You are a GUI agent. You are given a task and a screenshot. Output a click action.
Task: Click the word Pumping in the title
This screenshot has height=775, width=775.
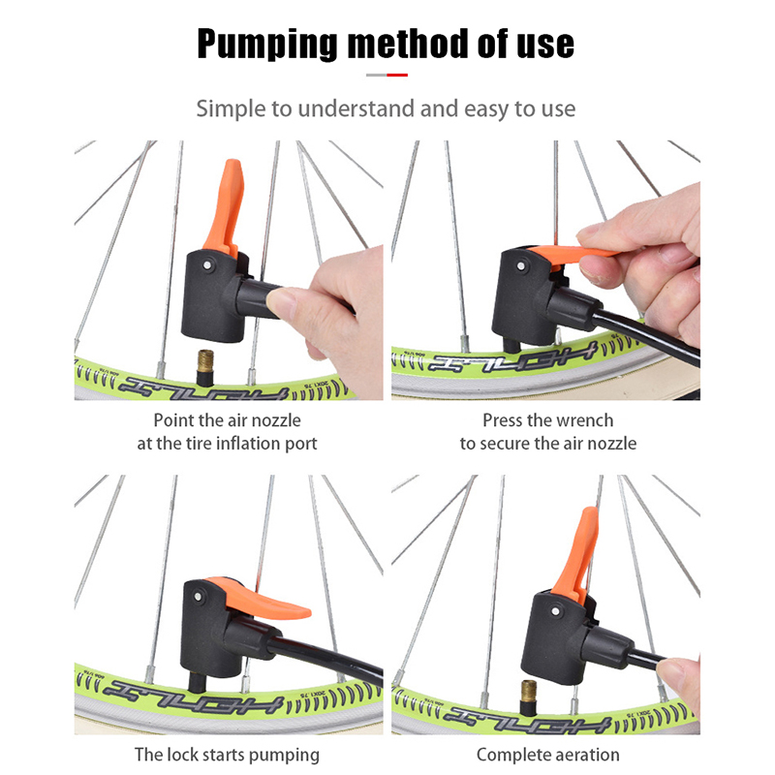pyautogui.click(x=267, y=45)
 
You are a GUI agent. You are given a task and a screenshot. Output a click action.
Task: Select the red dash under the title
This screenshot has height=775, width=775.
pyautogui.click(x=397, y=76)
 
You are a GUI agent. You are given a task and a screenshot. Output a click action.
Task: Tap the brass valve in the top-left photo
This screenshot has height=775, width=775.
pyautogui.click(x=205, y=361)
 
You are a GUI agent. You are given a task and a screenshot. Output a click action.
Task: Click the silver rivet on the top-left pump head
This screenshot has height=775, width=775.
pyautogui.click(x=207, y=265)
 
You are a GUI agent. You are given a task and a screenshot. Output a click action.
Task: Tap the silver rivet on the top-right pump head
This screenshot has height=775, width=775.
pyautogui.click(x=520, y=265)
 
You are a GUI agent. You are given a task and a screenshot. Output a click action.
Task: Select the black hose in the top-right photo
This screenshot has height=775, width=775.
pyautogui.click(x=645, y=336)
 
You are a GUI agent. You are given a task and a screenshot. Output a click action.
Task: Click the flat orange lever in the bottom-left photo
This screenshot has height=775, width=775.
pyautogui.click(x=261, y=600)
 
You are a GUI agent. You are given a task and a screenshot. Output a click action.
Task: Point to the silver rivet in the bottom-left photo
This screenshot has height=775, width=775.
pyautogui.click(x=199, y=597)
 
